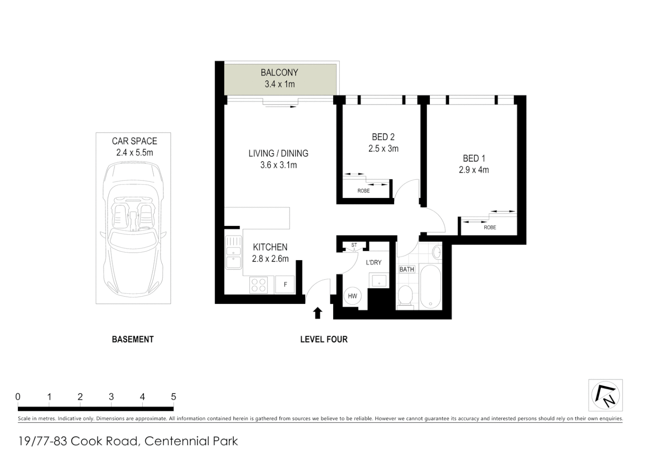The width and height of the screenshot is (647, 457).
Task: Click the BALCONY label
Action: click(x=279, y=72)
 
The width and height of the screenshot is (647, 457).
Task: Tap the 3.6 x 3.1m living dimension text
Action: click(x=278, y=165)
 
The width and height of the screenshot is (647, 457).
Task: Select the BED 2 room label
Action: click(x=383, y=137)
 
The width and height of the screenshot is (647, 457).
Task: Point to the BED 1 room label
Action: click(x=473, y=158)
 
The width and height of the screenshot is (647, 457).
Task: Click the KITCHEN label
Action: click(x=270, y=247)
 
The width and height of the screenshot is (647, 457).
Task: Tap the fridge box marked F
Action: click(x=285, y=284)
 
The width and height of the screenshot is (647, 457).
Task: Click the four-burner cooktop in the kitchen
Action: click(x=258, y=284)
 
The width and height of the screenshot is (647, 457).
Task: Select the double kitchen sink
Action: click(x=233, y=252)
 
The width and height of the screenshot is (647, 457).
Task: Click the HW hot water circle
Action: click(x=352, y=296)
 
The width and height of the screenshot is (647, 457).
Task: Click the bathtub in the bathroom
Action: click(x=430, y=287)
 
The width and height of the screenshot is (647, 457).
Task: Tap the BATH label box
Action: click(x=406, y=269)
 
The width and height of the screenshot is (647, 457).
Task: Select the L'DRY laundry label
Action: click(x=373, y=262)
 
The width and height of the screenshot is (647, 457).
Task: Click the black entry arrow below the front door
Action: click(x=318, y=313)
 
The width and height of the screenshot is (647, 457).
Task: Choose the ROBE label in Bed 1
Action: click(x=489, y=227)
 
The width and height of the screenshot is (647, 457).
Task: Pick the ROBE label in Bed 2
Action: click(x=363, y=191)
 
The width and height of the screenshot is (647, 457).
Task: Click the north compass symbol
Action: click(x=606, y=395)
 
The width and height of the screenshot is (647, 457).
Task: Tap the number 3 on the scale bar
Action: click(x=111, y=397)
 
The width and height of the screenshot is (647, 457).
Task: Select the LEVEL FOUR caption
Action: click(x=323, y=339)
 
